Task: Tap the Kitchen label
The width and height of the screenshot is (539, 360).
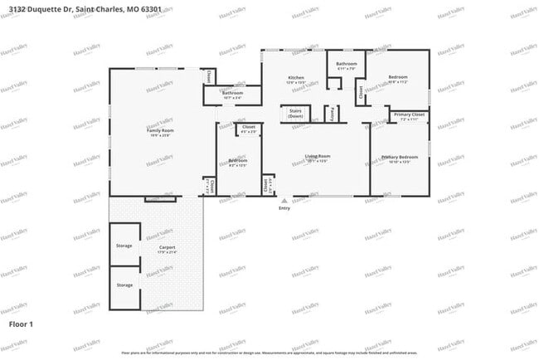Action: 296,77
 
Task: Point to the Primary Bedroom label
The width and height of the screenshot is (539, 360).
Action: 400,157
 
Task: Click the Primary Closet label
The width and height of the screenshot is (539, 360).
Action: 409,114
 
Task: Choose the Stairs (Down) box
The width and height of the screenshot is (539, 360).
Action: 295,114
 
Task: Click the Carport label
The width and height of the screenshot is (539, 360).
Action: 168,247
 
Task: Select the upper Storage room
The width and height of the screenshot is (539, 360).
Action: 124,246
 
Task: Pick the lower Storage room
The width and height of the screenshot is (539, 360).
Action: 124,285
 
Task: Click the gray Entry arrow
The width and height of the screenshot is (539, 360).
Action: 284,200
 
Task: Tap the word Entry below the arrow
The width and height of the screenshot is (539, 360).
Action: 284,208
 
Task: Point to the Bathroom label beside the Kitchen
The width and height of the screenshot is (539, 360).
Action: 346,64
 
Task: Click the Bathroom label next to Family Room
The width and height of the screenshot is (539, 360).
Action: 232,93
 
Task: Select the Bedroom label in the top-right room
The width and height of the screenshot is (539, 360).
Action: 398,77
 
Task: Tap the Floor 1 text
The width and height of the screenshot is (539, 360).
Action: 21,323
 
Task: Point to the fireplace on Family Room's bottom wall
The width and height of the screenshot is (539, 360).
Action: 160,198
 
